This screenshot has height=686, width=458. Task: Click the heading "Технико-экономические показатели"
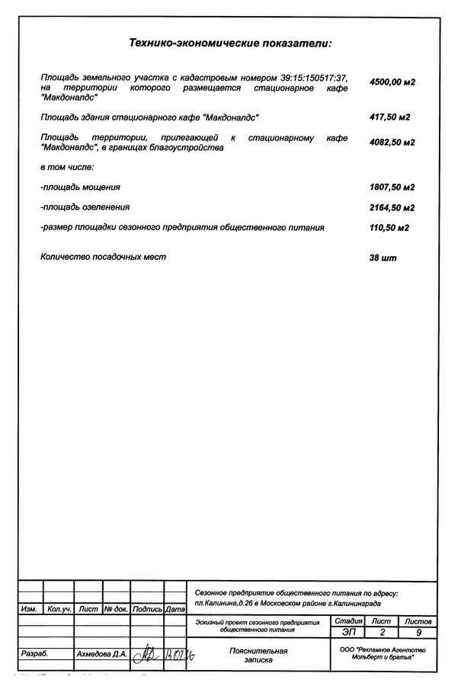coord(231,45)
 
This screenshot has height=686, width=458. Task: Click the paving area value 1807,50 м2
coord(392,187)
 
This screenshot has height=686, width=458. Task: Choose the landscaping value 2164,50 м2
coord(392,207)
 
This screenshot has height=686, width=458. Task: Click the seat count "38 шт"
coord(383,258)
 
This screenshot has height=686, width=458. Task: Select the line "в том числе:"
coord(67,166)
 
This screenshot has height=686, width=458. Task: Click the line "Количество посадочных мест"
coord(103,257)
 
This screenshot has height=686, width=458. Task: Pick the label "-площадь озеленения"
coord(85,207)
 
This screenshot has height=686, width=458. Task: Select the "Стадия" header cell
coord(348,622)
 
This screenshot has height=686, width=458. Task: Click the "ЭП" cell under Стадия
coord(348,633)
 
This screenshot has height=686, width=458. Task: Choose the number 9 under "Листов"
coord(418,633)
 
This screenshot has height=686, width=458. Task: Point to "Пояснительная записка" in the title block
coord(258,656)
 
